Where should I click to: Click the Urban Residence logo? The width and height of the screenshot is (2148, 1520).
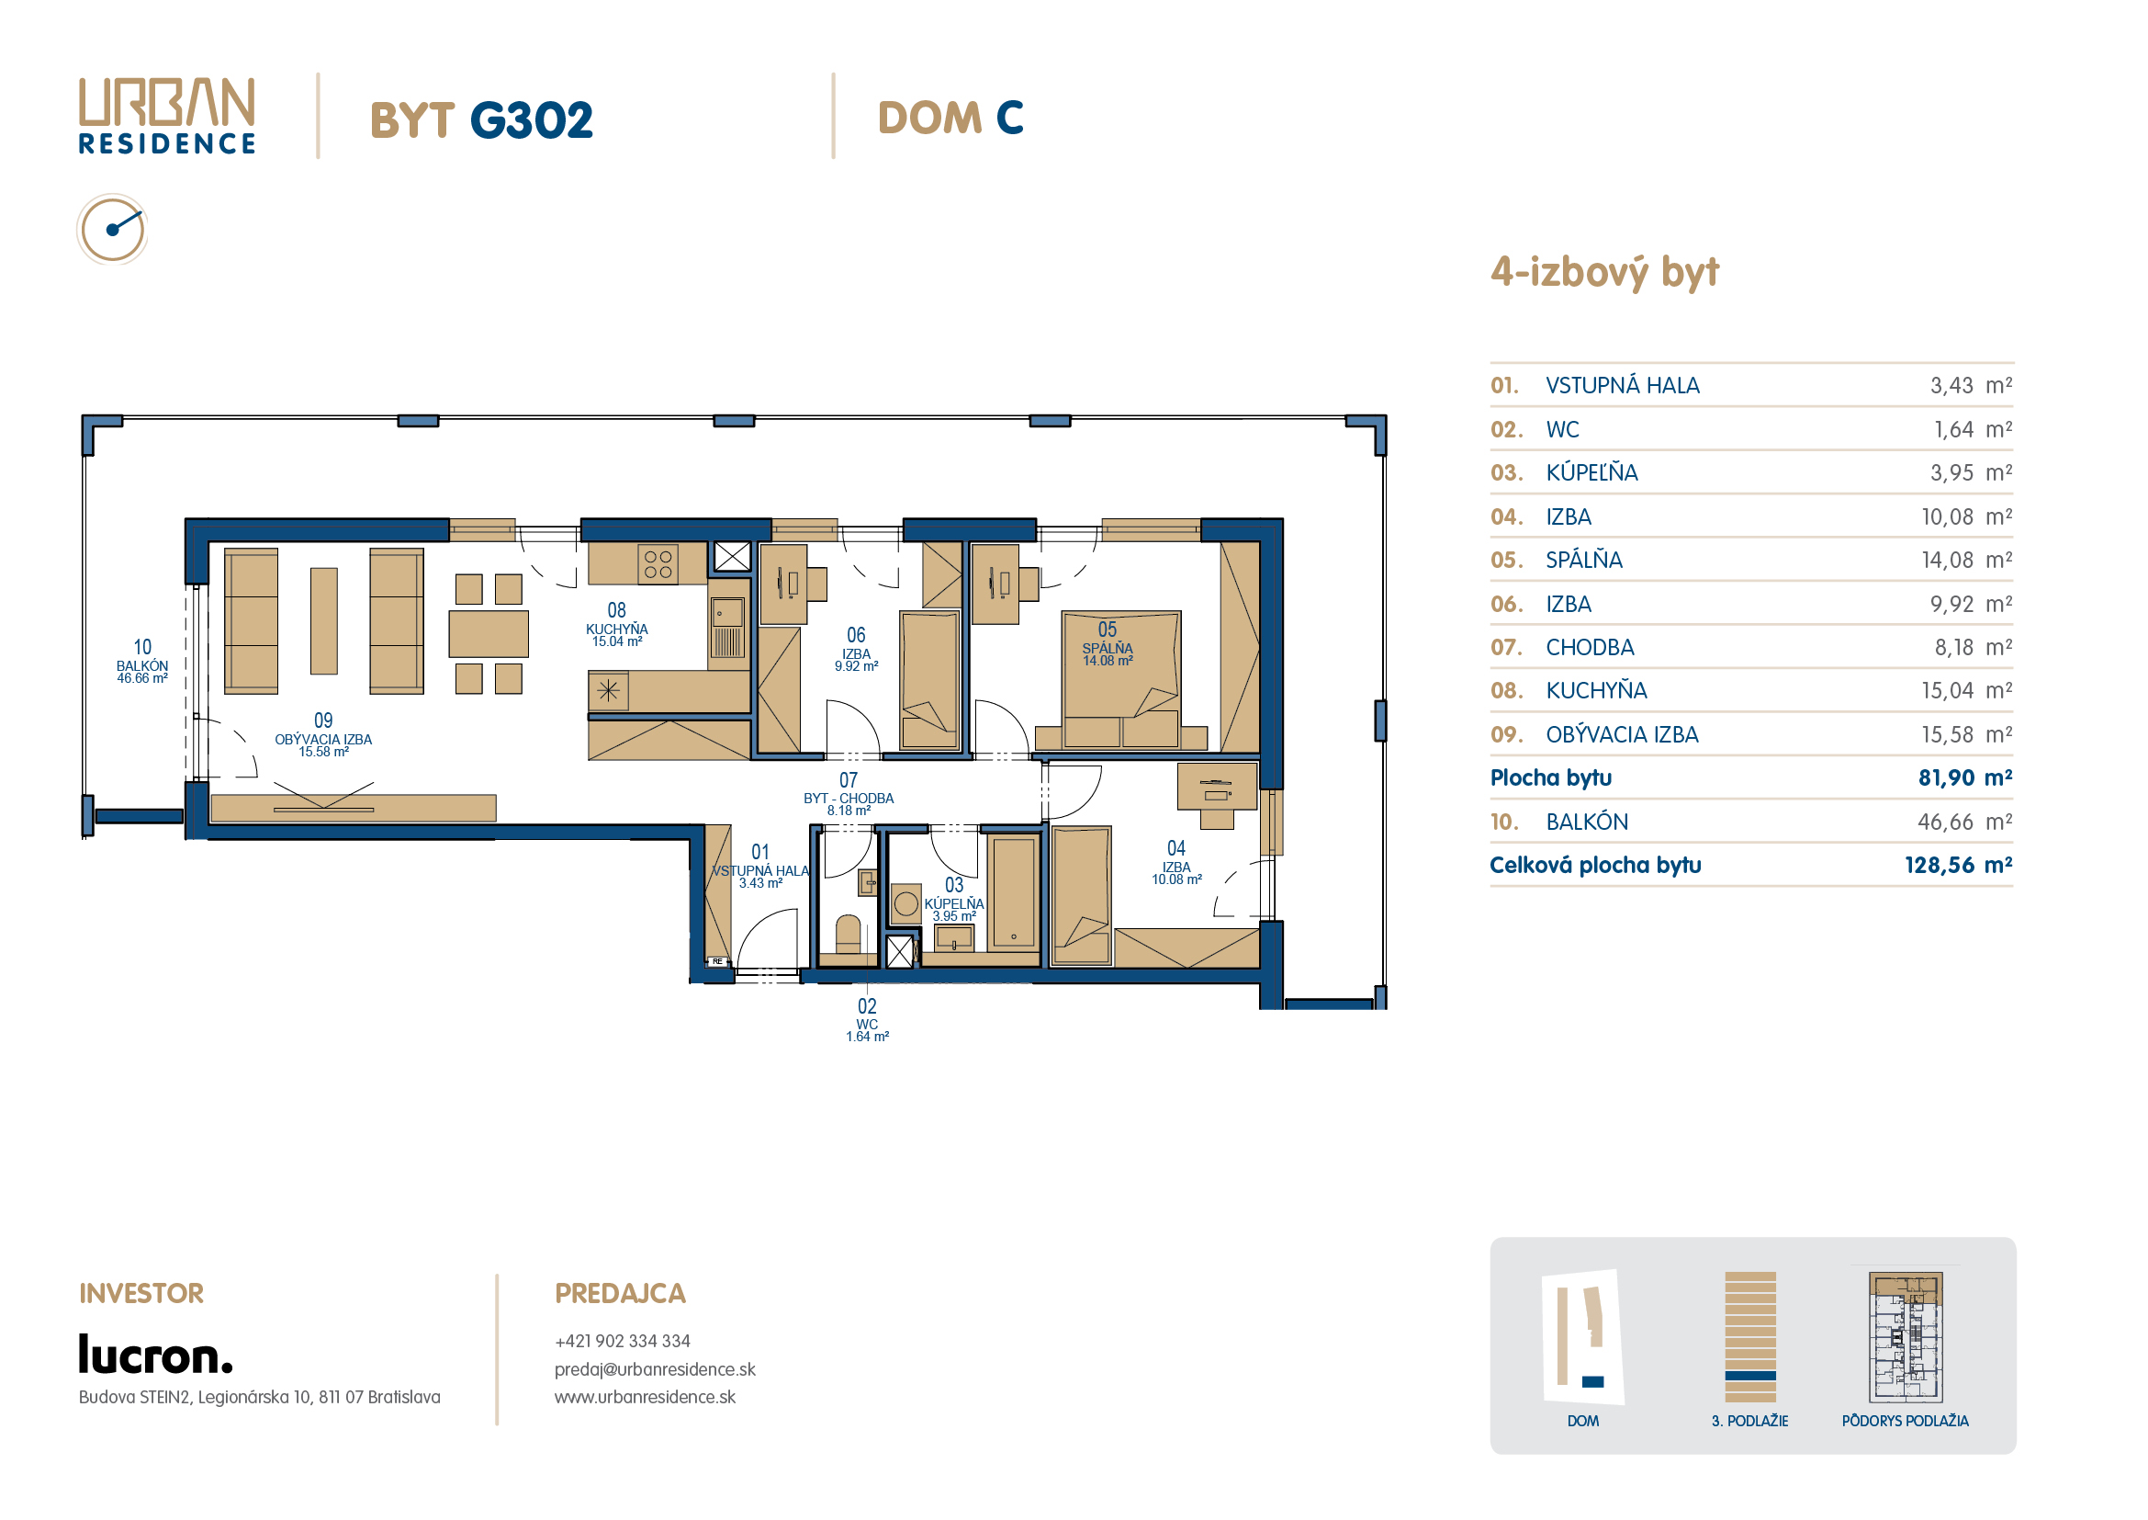pyautogui.click(x=166, y=116)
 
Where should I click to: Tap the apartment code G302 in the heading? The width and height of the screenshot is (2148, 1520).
pyautogui.click(x=531, y=120)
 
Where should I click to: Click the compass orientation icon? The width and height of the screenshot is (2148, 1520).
pyautogui.click(x=112, y=230)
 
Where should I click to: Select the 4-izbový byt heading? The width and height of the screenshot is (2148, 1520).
pyautogui.click(x=1604, y=272)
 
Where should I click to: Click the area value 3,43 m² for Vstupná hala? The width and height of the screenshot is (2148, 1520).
pyautogui.click(x=1970, y=386)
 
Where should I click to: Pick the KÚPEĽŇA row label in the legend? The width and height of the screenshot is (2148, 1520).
pyautogui.click(x=1591, y=472)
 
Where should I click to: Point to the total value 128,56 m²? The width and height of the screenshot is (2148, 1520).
pyautogui.click(x=1958, y=865)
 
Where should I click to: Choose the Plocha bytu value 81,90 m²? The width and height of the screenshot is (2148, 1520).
pyautogui.click(x=1964, y=777)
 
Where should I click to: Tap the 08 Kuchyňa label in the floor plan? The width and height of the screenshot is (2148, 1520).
pyautogui.click(x=616, y=624)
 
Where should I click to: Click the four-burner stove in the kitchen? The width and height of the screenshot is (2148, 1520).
pyautogui.click(x=658, y=564)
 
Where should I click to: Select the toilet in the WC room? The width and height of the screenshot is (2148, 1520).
pyautogui.click(x=848, y=934)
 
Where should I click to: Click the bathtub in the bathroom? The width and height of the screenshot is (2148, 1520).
pyautogui.click(x=1013, y=892)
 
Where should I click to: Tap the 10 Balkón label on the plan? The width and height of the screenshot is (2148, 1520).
pyautogui.click(x=142, y=661)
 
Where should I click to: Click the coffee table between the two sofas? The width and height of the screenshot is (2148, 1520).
pyautogui.click(x=323, y=620)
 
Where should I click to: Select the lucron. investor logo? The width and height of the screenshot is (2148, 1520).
pyautogui.click(x=155, y=1355)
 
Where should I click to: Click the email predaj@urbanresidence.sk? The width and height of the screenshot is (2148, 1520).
pyautogui.click(x=655, y=1369)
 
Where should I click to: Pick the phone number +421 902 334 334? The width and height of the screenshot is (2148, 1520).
pyautogui.click(x=622, y=1341)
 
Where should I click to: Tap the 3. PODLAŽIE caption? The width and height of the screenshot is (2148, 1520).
pyautogui.click(x=1749, y=1421)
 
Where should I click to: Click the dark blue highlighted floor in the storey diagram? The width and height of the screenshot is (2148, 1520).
pyautogui.click(x=1750, y=1376)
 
